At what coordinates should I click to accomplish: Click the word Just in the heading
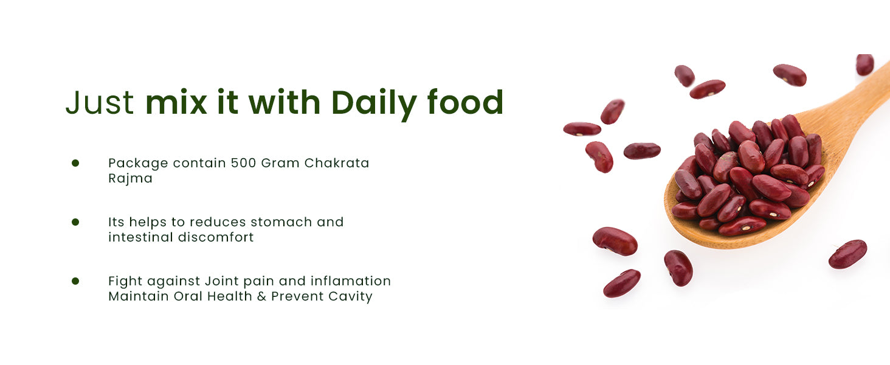[100, 103]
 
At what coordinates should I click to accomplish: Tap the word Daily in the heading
[373, 104]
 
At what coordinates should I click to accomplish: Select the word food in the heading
[465, 102]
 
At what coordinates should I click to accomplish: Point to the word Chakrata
[337, 163]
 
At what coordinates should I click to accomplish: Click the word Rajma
[130, 178]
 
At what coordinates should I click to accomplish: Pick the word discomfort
[216, 237]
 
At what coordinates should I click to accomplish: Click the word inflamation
[350, 281]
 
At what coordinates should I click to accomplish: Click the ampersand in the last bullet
[261, 297]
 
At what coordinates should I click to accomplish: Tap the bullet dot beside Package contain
[75, 163]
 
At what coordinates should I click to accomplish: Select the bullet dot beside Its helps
[75, 222]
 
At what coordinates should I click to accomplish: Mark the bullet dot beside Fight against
[75, 281]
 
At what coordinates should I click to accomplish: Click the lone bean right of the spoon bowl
[847, 254]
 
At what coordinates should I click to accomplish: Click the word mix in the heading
[176, 103]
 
